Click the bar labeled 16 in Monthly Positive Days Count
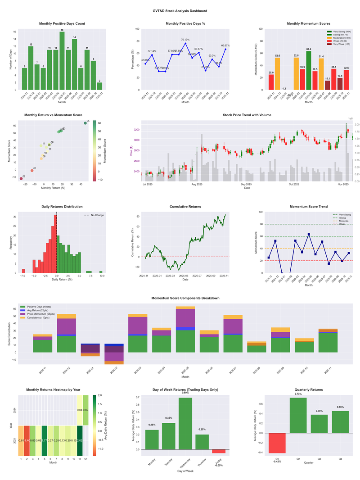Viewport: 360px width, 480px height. pyautogui.click(x=62, y=60)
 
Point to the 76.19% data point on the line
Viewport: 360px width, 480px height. pyautogui.click(x=186, y=43)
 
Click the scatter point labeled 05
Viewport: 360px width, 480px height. pyautogui.click(x=85, y=123)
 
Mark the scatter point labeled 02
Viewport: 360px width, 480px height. pyautogui.click(x=21, y=179)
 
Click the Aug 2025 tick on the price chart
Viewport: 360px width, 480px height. pyautogui.click(x=197, y=184)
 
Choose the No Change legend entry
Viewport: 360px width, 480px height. pyautogui.click(x=94, y=215)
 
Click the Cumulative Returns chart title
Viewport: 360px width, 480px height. pyautogui.click(x=185, y=207)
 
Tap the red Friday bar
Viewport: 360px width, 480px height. pyautogui.click(x=219, y=451)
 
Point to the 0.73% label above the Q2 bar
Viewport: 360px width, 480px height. pyautogui.click(x=298, y=394)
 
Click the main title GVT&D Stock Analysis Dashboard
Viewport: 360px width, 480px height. pyautogui.click(x=180, y=10)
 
